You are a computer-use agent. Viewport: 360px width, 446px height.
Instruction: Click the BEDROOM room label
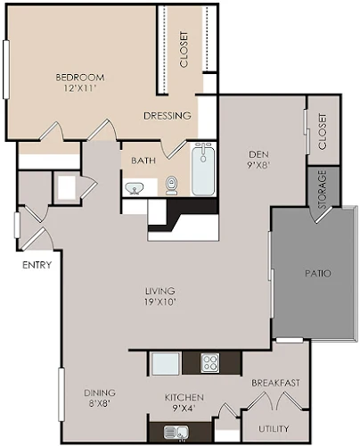(x=80, y=78)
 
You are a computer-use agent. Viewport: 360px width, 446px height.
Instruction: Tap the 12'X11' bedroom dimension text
(x=80, y=88)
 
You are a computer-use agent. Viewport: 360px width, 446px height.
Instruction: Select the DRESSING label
(x=168, y=116)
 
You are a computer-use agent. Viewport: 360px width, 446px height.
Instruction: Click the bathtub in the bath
(x=203, y=169)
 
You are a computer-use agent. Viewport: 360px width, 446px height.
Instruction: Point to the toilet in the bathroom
(x=171, y=186)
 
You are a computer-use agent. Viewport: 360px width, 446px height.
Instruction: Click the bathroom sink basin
(x=135, y=188)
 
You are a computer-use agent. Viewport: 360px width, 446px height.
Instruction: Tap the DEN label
(x=258, y=154)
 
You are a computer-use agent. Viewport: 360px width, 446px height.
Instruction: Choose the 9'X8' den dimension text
(x=258, y=165)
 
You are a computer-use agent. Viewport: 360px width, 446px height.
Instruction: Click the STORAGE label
(x=323, y=189)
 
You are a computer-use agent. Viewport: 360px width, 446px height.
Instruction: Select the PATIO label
(x=318, y=273)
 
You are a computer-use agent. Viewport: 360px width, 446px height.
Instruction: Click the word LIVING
(x=160, y=291)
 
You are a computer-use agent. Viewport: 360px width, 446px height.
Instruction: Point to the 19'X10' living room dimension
(x=160, y=302)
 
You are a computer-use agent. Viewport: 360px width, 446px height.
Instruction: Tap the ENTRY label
(x=37, y=265)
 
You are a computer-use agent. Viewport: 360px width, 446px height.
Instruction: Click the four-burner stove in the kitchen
(x=210, y=363)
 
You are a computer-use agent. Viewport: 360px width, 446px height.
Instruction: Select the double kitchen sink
(x=176, y=432)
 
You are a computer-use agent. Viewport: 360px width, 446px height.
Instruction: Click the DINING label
(x=100, y=392)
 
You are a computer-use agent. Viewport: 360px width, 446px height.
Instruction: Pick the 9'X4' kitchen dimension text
(x=184, y=409)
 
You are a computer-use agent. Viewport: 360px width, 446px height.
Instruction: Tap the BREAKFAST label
(x=275, y=383)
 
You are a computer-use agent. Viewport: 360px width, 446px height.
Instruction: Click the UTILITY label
(x=274, y=429)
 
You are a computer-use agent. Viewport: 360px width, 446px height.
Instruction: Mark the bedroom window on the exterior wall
(x=6, y=70)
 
